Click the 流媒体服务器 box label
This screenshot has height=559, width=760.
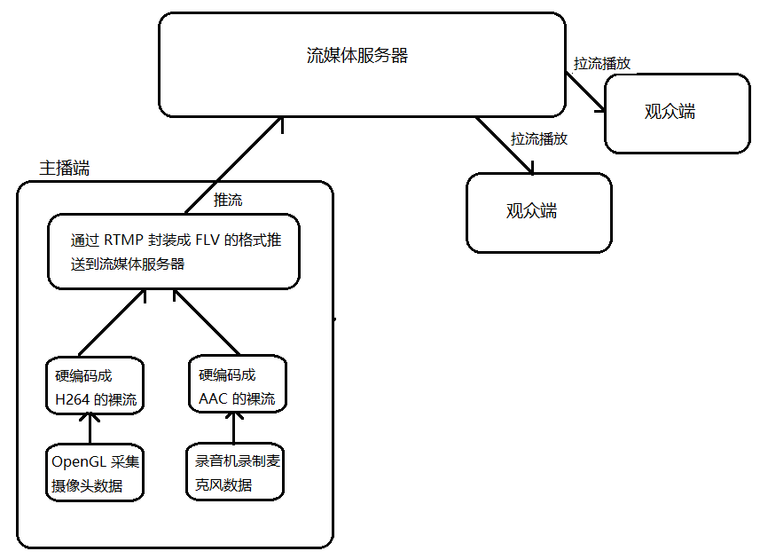click(356, 56)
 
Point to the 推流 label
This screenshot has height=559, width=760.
click(228, 201)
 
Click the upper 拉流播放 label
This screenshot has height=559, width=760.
click(602, 64)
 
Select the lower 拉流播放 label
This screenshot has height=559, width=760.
click(538, 139)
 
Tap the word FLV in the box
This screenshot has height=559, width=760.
click(199, 240)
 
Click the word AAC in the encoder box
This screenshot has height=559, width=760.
click(214, 398)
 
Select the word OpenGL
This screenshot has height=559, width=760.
click(79, 461)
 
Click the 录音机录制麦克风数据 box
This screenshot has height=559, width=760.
click(234, 473)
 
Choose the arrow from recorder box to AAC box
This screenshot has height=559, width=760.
click(233, 427)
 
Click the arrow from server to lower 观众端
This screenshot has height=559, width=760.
click(505, 144)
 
